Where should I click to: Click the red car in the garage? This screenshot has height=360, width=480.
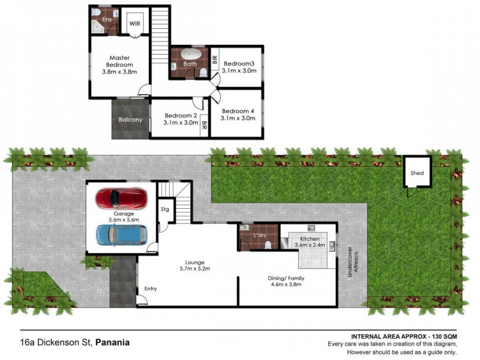[121, 197]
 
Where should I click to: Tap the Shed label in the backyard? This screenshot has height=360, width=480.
[417, 173]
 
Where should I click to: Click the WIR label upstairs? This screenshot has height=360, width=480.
[135, 24]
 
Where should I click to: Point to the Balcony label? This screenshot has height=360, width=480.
[131, 119]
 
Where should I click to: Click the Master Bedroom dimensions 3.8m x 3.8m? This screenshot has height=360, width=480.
[119, 72]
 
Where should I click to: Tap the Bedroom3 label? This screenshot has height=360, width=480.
[239, 63]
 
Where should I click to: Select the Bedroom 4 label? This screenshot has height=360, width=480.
[238, 111]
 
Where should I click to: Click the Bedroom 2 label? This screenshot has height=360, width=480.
[181, 115]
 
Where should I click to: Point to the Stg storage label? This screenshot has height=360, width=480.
[165, 209]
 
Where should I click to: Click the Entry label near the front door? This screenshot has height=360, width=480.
[150, 289]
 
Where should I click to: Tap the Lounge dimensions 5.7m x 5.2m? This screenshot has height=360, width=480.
[195, 269]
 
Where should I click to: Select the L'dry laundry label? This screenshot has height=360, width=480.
[260, 235]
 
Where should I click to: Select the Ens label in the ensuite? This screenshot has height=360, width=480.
[107, 19]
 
